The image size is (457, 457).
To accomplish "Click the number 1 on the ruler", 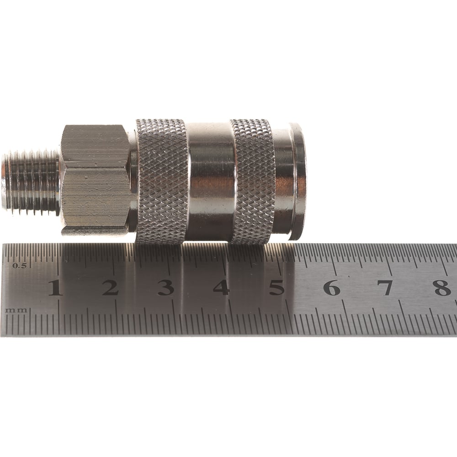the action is point(55,287).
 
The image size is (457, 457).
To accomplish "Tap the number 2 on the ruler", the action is point(110,287).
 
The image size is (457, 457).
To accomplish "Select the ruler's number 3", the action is point(166,287).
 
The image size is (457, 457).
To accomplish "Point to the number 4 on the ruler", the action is point(221,287).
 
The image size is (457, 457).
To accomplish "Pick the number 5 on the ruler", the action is point(276,287).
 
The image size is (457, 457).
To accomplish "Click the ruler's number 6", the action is point(332,287).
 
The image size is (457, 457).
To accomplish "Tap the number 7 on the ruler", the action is point(387,287).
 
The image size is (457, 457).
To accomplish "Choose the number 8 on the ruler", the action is point(442,287).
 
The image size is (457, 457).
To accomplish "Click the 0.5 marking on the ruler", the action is point(20,266).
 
